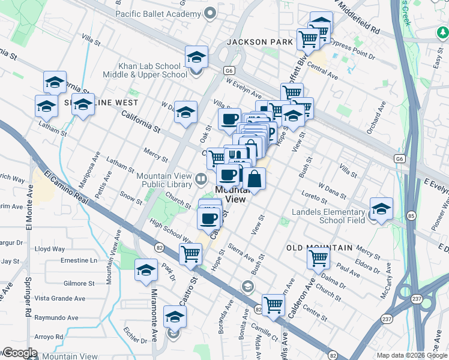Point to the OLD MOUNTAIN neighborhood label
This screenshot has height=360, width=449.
319,248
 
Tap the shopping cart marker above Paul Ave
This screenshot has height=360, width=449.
318,257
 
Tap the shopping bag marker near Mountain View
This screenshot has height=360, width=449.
254,178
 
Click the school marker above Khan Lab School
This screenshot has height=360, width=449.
196,57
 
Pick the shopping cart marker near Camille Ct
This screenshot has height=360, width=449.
273,304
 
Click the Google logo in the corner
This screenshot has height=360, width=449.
19,353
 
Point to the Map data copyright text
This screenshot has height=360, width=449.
412,355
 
